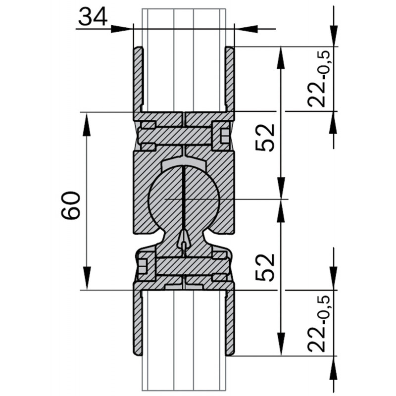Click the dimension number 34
93,18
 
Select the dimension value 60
71,205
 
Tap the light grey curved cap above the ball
183,164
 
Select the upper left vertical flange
138,79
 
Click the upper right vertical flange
230,79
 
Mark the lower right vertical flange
230,322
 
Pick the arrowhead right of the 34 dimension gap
246,29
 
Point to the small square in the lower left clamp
143,266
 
